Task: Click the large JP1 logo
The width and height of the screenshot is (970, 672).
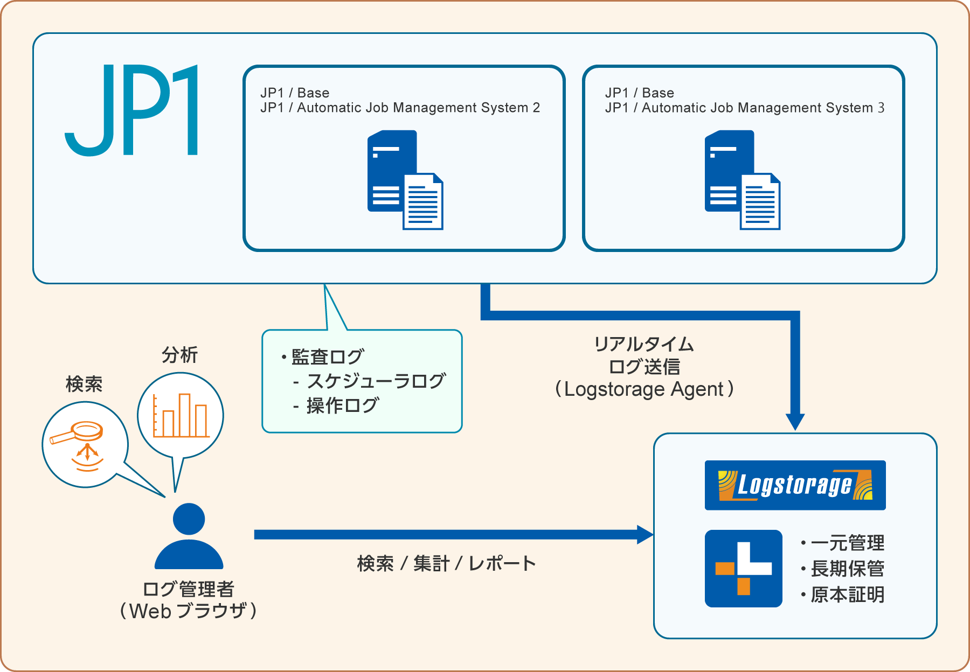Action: click(133, 110)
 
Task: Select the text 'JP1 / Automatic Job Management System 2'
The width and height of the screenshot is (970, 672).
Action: click(400, 108)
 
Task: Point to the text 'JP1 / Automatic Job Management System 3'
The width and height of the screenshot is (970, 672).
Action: click(744, 108)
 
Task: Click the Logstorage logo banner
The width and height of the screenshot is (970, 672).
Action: click(795, 485)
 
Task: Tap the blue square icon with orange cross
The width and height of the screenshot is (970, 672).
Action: click(743, 569)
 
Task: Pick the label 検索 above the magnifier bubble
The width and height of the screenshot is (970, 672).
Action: click(84, 384)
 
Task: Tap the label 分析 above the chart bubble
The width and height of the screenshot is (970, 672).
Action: click(180, 355)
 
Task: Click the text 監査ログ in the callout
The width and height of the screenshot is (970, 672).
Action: click(328, 356)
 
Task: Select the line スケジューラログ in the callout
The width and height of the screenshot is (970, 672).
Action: click(376, 381)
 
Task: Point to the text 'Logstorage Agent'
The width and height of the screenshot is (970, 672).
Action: click(644, 389)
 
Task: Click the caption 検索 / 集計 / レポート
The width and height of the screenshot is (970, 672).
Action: click(446, 563)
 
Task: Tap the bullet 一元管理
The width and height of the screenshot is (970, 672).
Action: click(847, 543)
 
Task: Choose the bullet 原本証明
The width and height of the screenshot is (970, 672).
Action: click(847, 594)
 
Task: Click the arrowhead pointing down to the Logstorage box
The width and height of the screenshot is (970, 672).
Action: click(795, 422)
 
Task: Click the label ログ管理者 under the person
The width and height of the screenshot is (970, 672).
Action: click(189, 589)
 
